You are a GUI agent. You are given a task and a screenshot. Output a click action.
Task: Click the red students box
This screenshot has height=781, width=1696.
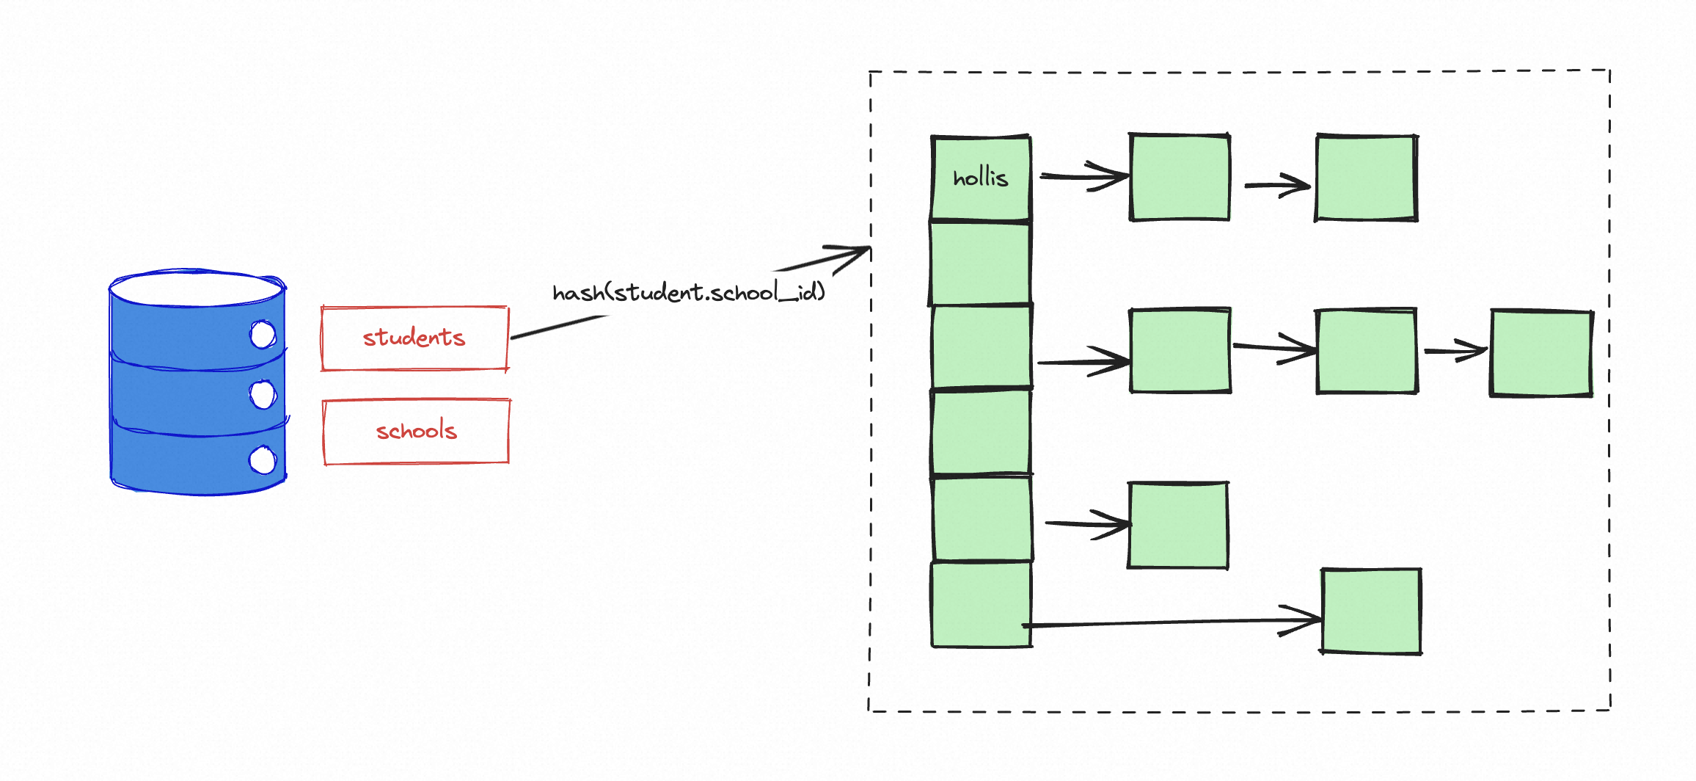tap(414, 338)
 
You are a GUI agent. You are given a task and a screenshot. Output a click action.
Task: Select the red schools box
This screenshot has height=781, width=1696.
tap(416, 432)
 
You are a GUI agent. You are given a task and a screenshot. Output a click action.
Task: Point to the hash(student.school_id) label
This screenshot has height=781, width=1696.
tap(688, 293)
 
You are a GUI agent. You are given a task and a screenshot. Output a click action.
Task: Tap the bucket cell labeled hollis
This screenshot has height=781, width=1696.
tap(981, 178)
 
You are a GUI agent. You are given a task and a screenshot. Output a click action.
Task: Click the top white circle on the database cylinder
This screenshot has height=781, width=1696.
tap(263, 335)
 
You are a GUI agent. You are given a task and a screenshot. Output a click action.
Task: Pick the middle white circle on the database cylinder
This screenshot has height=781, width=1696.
tap(263, 394)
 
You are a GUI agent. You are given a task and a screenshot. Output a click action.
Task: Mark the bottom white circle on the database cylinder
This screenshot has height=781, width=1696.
tap(263, 461)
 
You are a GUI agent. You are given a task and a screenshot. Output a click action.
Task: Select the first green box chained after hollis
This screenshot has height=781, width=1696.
tap(1180, 178)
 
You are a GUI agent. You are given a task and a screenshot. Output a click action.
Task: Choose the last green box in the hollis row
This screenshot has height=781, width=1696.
tap(1366, 178)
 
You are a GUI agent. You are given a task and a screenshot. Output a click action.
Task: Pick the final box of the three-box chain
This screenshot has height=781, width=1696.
tap(1540, 353)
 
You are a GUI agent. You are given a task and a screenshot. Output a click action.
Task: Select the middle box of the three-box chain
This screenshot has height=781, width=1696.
tap(1367, 351)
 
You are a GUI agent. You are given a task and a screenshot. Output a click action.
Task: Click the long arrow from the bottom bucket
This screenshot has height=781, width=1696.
tap(1174, 622)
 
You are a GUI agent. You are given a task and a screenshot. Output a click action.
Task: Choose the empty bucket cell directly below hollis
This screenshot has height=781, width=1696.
tap(980, 262)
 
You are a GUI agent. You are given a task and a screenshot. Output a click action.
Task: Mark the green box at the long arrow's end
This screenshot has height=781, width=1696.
tap(1371, 611)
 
